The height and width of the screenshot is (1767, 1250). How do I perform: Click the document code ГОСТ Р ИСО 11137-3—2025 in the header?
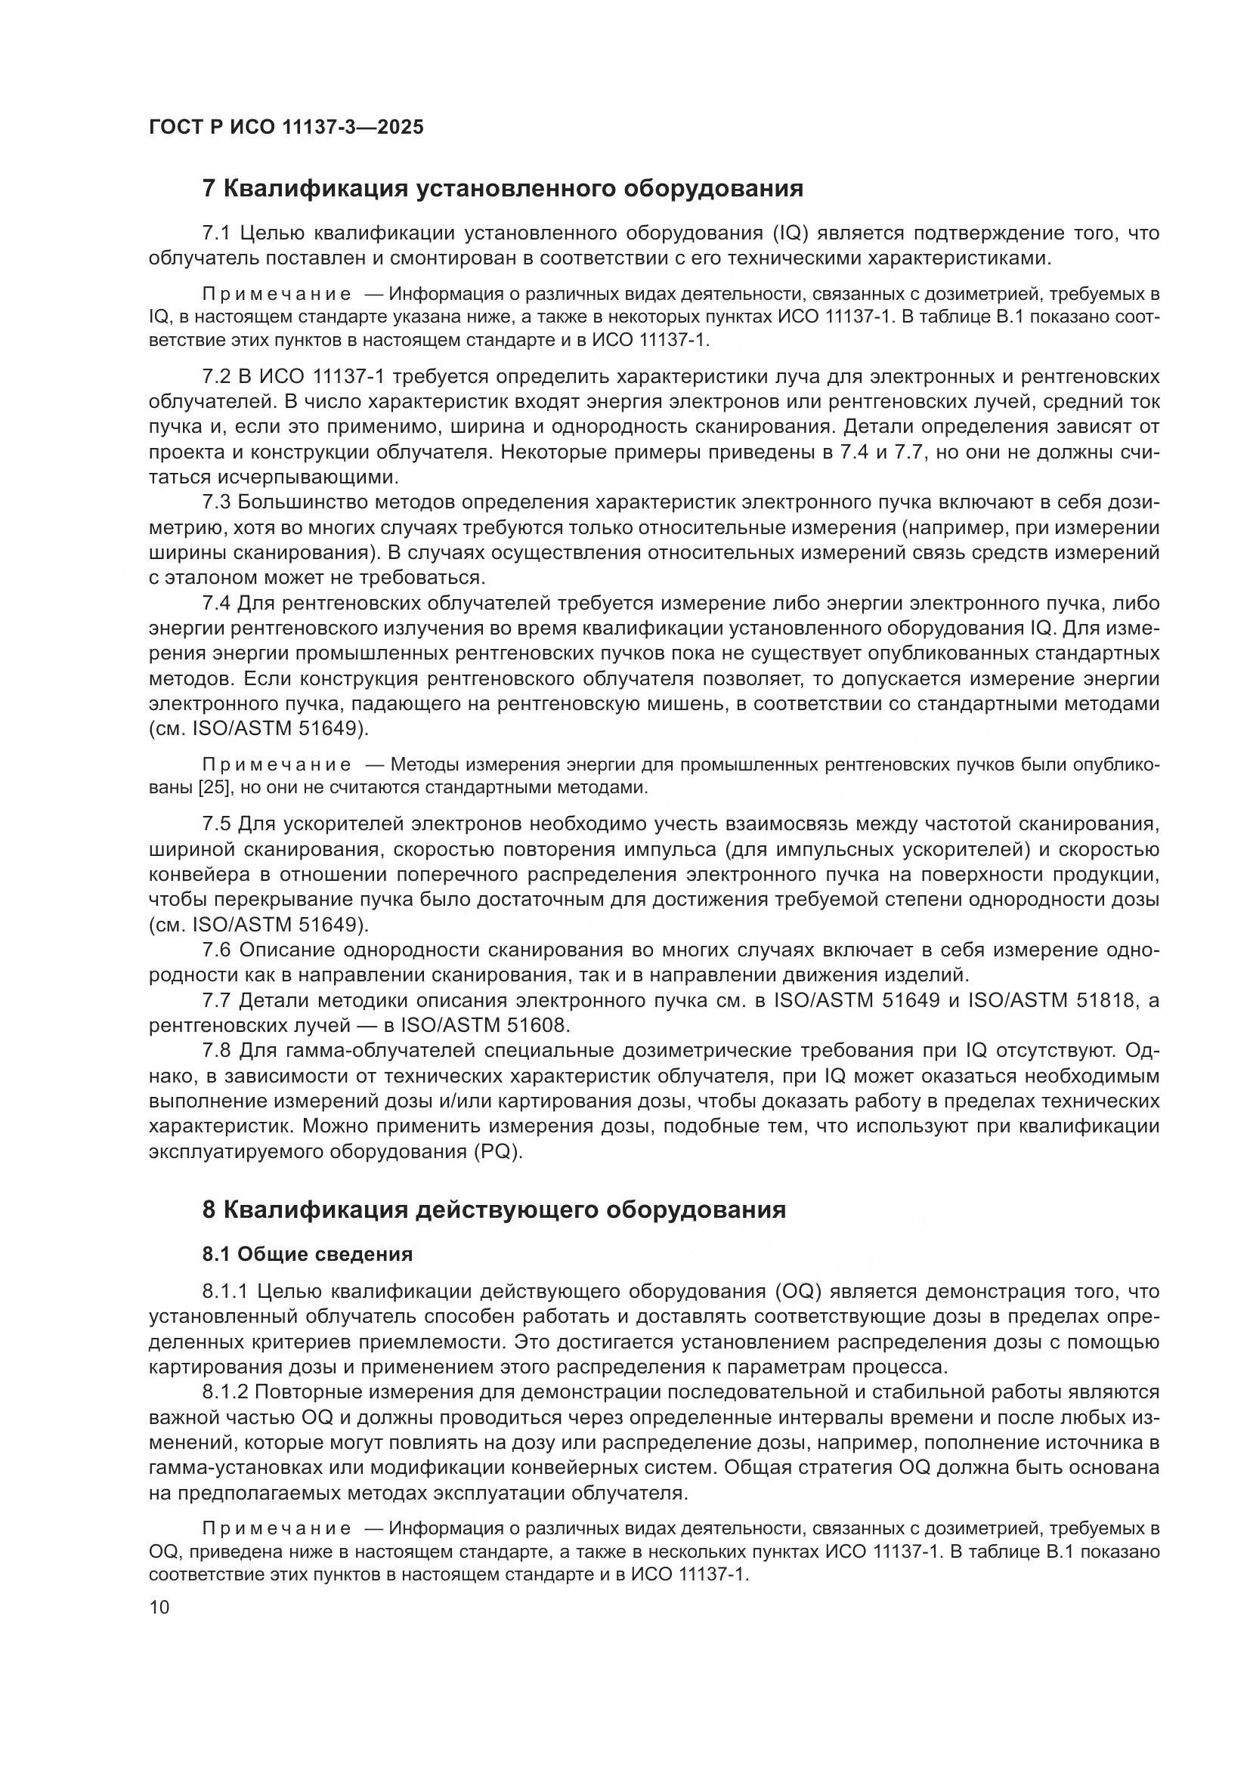tap(286, 127)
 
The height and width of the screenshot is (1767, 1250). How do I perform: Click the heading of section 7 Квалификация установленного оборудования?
tap(503, 189)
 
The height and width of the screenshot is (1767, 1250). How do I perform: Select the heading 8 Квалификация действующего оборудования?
tap(494, 1209)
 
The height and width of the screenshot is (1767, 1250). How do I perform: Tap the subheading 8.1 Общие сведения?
tap(308, 1255)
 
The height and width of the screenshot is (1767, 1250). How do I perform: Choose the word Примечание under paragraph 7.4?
tap(277, 765)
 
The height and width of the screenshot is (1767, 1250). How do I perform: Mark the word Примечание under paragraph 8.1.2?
tap(277, 1528)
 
